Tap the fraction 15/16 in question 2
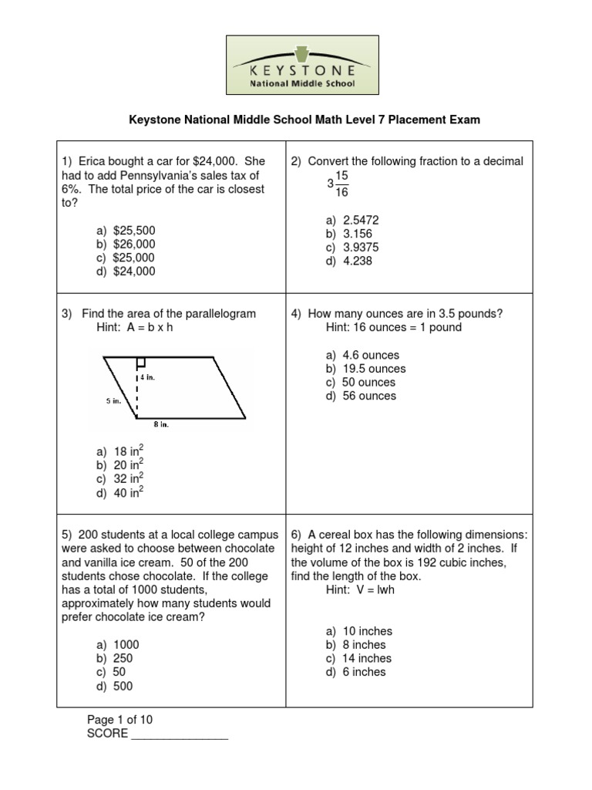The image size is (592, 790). click(x=341, y=184)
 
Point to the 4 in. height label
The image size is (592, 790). click(x=148, y=378)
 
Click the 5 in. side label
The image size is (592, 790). click(x=114, y=401)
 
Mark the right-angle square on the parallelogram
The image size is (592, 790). click(x=141, y=362)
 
